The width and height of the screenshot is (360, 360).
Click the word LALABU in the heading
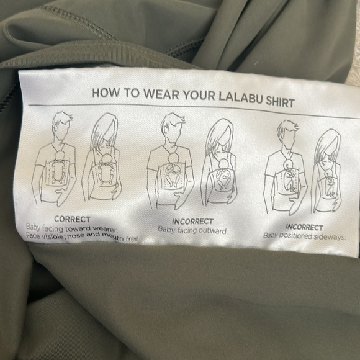240,97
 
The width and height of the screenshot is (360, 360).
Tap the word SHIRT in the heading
280,102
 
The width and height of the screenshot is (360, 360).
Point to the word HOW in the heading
106,92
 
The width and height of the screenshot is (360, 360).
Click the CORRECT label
72,219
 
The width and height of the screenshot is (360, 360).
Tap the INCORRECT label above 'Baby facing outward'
192,222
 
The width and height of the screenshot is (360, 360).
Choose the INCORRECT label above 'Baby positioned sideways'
304,227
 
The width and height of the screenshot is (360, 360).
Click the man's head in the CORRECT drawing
61,125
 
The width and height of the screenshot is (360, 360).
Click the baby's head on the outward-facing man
173,159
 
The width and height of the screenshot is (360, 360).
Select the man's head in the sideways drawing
287,133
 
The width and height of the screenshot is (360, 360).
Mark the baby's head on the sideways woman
328,174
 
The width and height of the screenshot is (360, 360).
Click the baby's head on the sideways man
288,164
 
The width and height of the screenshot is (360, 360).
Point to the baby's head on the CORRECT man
61,155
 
